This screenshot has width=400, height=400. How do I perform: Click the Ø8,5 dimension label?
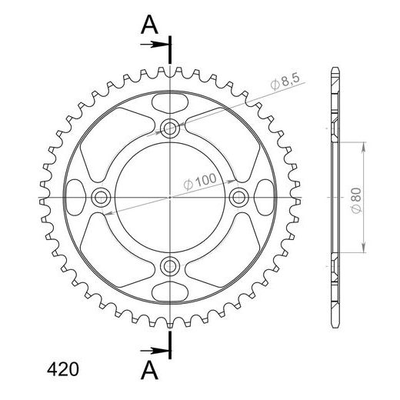(x=285, y=82)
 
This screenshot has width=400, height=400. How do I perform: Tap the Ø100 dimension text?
(x=200, y=182)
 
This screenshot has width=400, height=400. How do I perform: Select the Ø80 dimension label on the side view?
(x=357, y=200)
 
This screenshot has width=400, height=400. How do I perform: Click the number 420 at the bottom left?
(x=63, y=369)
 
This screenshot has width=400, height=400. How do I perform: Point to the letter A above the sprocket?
(x=149, y=25)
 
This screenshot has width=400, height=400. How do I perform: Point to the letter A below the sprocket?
(x=149, y=370)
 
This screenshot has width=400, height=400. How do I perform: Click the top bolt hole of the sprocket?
(x=169, y=128)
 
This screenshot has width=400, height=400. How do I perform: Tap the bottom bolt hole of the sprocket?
(x=169, y=266)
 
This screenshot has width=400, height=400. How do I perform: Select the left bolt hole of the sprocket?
(x=101, y=198)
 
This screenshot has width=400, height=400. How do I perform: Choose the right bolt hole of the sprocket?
(x=238, y=198)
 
